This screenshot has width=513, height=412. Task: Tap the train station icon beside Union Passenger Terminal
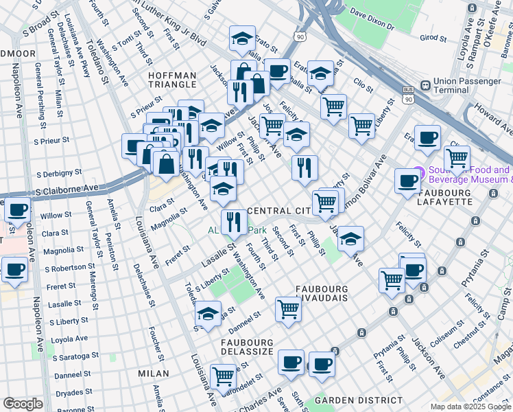coord(425,85)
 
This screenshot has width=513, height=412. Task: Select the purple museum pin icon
coord(417,175)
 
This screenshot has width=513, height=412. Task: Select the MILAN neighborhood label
coord(153,373)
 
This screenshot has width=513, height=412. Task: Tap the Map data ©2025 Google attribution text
coord(470,407)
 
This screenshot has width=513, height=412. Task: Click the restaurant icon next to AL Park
coord(235,222)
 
